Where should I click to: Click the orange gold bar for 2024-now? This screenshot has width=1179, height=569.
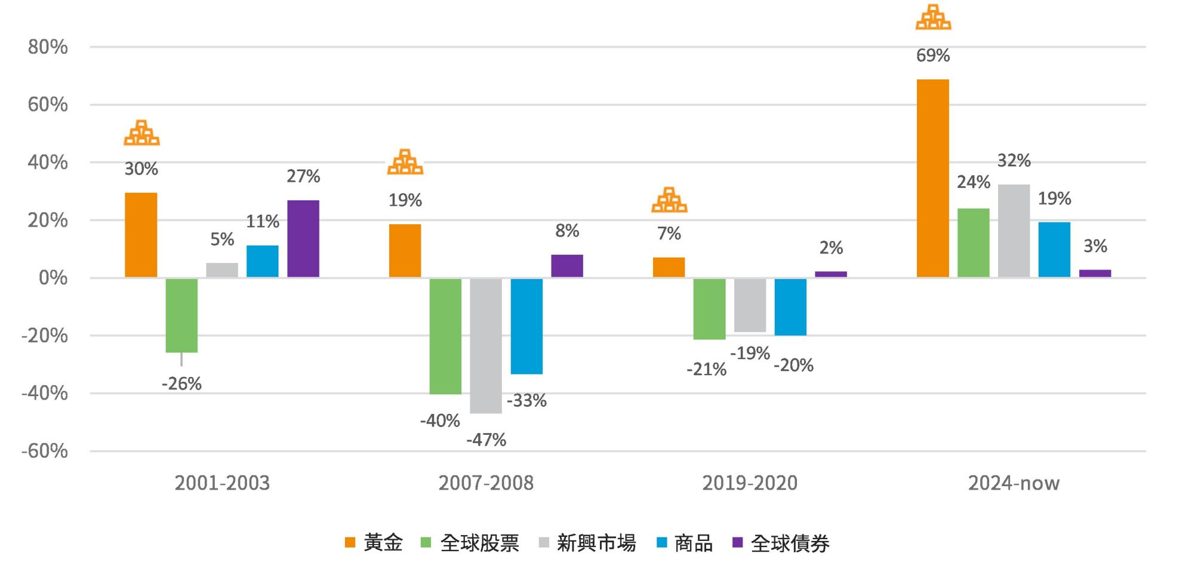coord(932,178)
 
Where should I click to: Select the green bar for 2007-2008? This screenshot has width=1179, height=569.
coord(445,336)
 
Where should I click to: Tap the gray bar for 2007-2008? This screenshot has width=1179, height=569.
coord(486,345)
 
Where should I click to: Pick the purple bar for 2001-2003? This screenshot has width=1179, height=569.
coord(303,239)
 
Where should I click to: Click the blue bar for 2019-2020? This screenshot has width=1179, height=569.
coord(790,307)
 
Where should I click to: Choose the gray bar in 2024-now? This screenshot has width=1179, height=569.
coord(1014,231)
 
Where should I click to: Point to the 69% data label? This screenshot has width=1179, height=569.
coord(933,56)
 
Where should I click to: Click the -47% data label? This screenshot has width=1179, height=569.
coord(486,440)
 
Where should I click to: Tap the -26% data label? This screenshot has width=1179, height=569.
coord(181,384)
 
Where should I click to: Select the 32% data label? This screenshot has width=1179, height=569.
coord(1014,160)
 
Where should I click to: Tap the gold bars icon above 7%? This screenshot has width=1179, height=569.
coord(669,200)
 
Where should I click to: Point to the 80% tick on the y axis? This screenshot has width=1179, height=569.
coord(48,47)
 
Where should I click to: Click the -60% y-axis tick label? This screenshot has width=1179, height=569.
coord(45,451)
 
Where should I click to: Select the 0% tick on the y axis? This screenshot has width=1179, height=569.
coord(53,278)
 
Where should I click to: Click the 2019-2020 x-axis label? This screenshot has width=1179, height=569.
coord(750,483)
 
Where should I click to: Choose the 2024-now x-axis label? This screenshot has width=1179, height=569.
coord(1014,483)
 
